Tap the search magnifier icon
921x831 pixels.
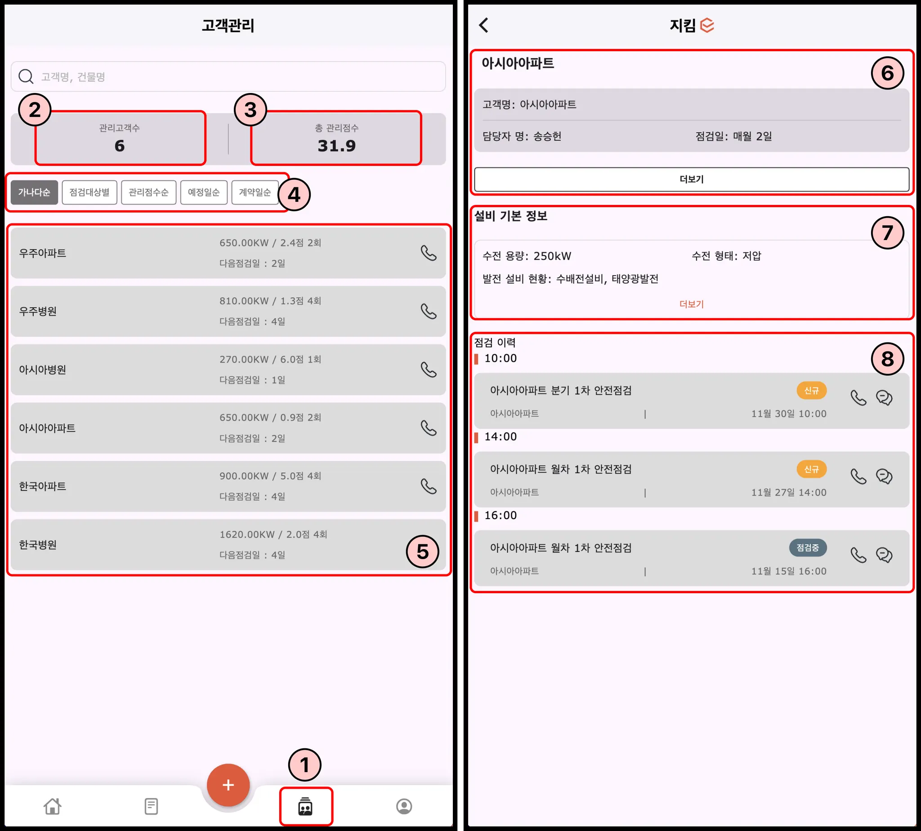coord(26,76)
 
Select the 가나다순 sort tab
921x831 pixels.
coord(34,192)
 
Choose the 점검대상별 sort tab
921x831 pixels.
coord(89,192)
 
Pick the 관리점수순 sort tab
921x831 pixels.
coord(148,192)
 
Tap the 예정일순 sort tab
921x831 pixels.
coord(204,192)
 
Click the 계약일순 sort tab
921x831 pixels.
coord(255,192)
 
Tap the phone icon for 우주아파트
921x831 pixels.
coord(429,253)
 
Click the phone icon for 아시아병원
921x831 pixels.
coord(429,370)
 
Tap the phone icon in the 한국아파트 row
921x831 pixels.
coord(429,486)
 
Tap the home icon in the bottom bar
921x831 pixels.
coord(53,806)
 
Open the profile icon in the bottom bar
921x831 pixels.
coord(404,806)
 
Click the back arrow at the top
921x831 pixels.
coord(484,25)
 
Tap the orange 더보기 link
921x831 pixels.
coord(691,304)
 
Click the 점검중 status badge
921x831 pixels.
coord(808,547)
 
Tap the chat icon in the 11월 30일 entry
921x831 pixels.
coord(884,398)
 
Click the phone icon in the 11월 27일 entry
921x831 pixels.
coord(858,477)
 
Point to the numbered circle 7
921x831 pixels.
coord(887,233)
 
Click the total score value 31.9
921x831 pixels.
coord(337,146)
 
